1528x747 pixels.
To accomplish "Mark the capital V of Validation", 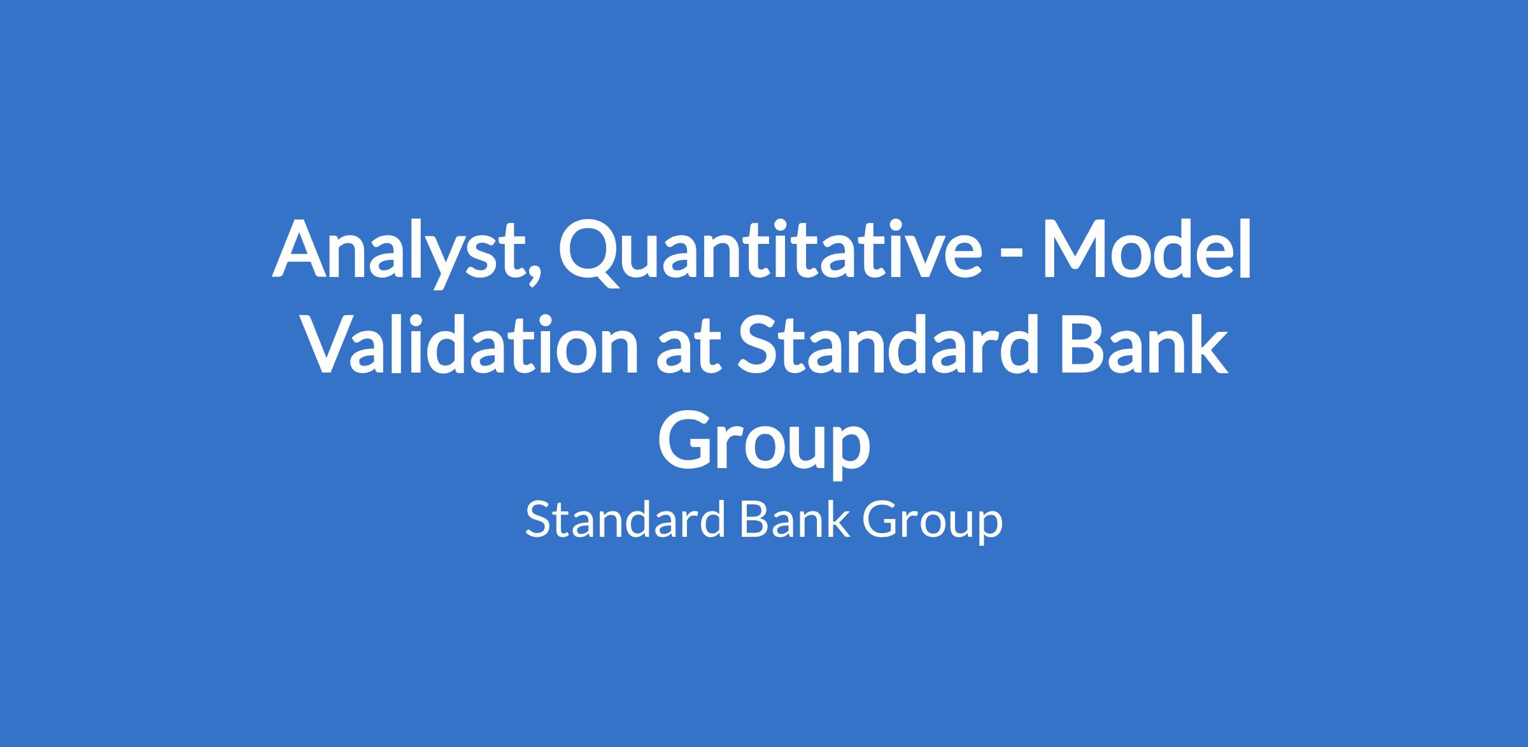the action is click(332, 345).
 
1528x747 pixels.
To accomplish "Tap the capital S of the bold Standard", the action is click(758, 345).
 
